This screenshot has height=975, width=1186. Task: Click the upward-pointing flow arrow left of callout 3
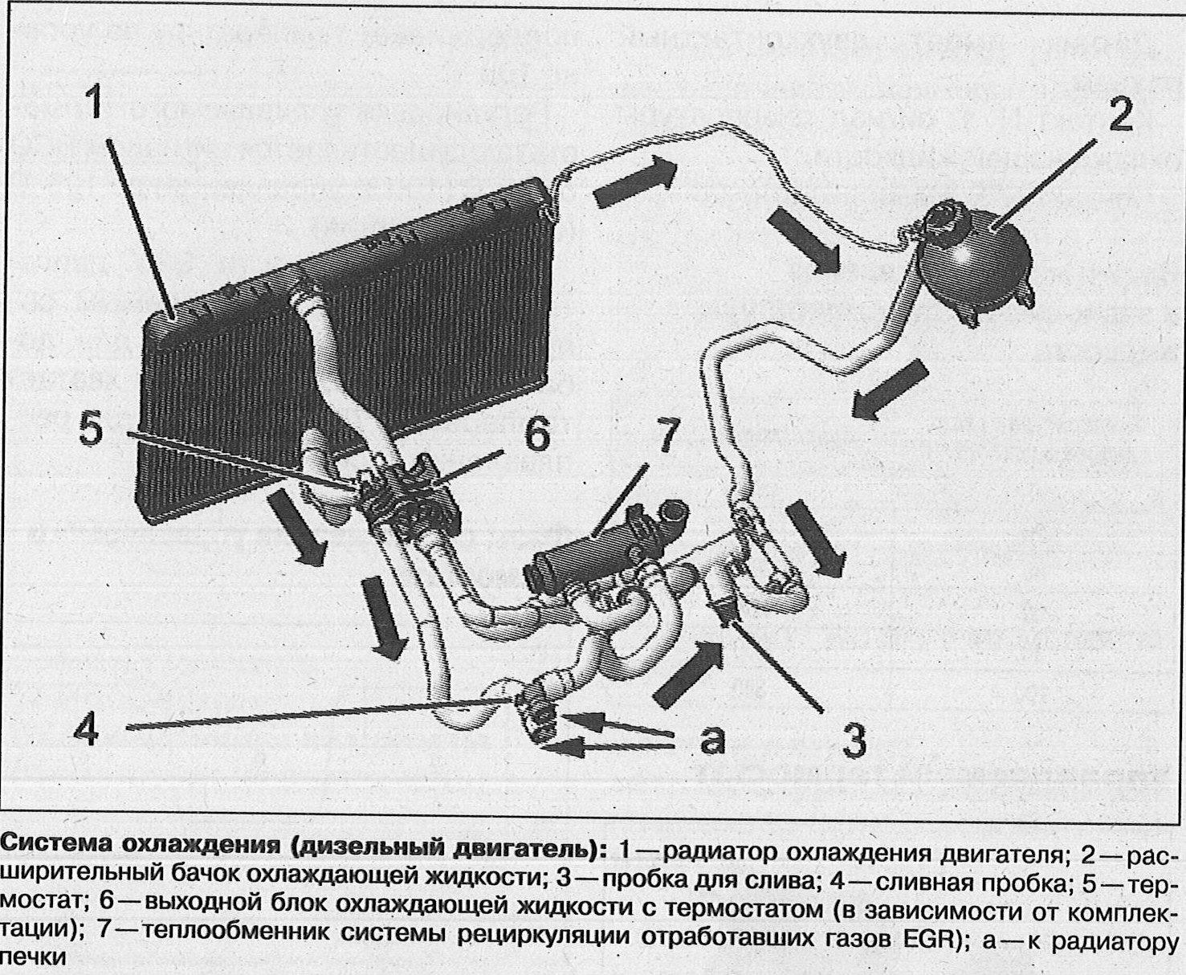(x=688, y=673)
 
